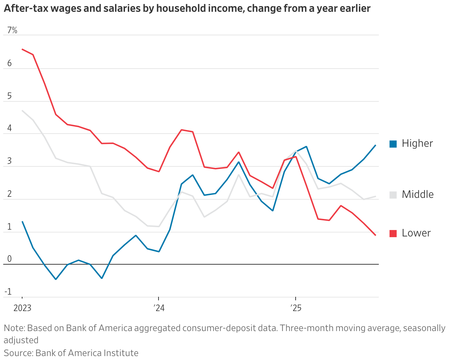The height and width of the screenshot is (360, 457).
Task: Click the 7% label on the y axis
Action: [12, 30]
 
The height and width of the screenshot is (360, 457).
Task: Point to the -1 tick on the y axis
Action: [8, 292]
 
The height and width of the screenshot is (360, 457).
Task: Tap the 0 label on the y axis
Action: [9, 259]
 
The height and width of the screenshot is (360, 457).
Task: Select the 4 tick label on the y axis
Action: [9, 128]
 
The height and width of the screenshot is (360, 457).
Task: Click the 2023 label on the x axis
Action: [22, 308]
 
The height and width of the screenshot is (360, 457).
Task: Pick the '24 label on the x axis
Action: [159, 308]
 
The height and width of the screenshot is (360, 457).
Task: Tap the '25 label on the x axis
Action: [295, 308]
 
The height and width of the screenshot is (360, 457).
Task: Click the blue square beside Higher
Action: [393, 144]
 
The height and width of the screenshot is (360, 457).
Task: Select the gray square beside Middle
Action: [393, 195]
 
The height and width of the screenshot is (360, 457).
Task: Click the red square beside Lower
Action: [393, 234]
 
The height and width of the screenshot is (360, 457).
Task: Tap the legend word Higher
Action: [417, 144]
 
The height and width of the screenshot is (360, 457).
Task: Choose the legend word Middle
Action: [418, 195]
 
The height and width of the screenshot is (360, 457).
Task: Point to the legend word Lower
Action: [416, 233]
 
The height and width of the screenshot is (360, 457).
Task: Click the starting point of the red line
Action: [22, 49]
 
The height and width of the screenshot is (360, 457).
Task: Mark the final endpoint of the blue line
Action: [375, 145]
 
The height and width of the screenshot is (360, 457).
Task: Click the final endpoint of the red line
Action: [375, 235]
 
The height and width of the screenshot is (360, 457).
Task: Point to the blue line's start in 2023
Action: [22, 221]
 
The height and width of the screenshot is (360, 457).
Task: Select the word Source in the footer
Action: [18, 353]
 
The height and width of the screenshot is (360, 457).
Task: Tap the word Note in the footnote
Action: [14, 328]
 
